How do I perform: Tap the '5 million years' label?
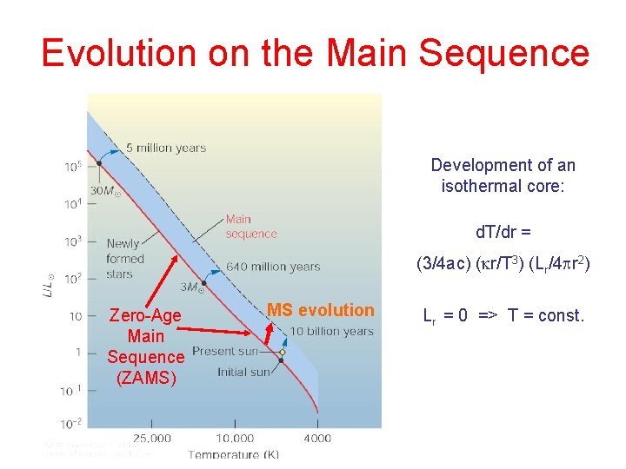[x=165, y=148]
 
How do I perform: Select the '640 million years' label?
[x=272, y=267]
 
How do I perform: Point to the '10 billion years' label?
[x=331, y=331]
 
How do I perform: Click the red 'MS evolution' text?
[x=320, y=310]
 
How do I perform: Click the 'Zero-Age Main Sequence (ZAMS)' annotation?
[x=145, y=347]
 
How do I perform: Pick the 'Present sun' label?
[x=226, y=352]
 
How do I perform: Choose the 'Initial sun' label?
[x=243, y=373]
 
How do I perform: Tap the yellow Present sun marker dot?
[x=282, y=352]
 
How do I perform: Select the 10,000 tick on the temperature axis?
[x=235, y=439]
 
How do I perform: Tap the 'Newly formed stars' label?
[x=125, y=259]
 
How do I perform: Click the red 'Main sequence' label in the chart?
[x=251, y=227]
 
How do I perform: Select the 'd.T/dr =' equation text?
[x=503, y=232]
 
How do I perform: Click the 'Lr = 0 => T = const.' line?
[x=503, y=315]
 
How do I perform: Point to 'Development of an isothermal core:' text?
[x=503, y=175]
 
